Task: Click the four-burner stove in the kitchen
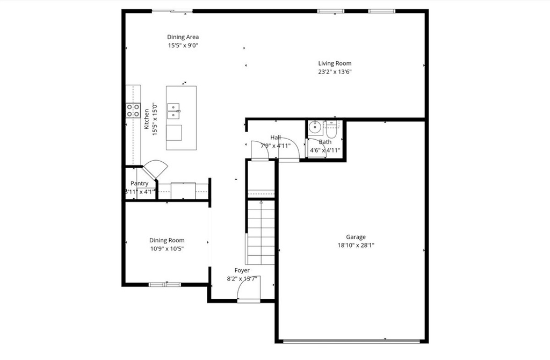coord(133,110)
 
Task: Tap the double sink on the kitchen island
coord(174,111)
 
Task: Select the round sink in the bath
coord(315,127)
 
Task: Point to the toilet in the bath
coord(331,129)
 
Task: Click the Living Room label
coord(335,63)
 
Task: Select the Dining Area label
coord(183,37)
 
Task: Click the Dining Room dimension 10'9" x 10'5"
coord(167,249)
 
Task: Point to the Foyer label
coord(242,270)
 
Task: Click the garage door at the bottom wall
coord(352,340)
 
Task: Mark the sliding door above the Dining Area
coord(171,11)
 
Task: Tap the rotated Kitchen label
coord(147,119)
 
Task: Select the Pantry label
coord(139,183)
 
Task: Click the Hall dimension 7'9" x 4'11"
coord(276,146)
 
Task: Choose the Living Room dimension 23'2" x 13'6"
coord(335,71)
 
